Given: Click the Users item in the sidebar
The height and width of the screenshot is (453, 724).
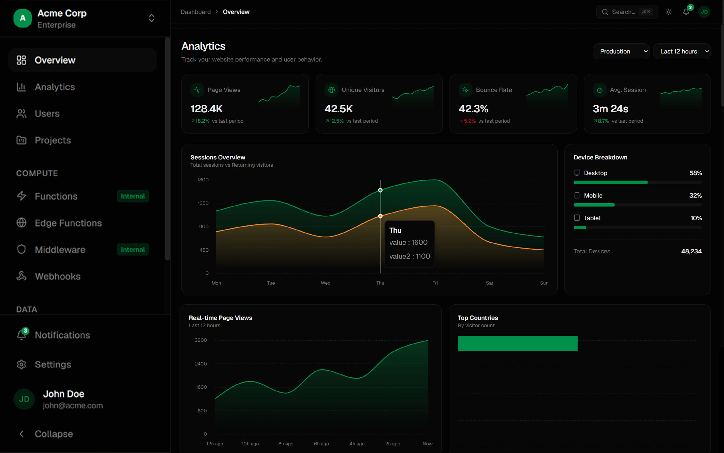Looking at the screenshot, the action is (x=47, y=114).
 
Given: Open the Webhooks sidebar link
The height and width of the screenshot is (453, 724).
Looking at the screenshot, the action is (x=58, y=276).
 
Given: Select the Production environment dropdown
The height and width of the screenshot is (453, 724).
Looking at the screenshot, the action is (x=621, y=51).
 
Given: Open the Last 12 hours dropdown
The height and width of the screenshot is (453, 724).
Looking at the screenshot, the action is (x=682, y=51).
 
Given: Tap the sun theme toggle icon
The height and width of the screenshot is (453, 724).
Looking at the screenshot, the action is (x=669, y=12).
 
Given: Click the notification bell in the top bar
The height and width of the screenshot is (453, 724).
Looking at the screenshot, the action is (x=686, y=12).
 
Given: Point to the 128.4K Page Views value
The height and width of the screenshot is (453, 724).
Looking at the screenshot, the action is (x=206, y=109).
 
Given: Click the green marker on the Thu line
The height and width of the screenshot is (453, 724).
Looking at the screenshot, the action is (x=380, y=190).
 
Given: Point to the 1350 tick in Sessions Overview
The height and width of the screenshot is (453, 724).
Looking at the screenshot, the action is (x=203, y=203).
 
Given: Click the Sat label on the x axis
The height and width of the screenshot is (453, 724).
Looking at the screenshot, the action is (x=489, y=283).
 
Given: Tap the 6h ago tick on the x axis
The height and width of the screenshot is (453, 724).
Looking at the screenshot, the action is (x=321, y=444).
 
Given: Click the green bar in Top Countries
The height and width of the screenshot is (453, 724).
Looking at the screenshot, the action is (x=517, y=343).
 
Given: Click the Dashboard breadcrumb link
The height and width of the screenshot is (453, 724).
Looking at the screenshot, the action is (x=196, y=12).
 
